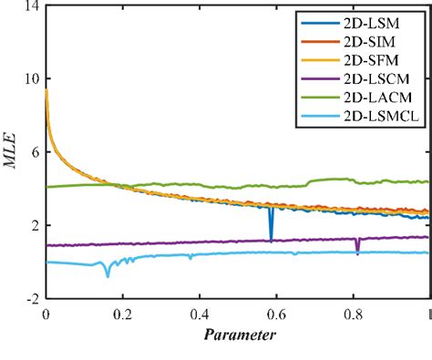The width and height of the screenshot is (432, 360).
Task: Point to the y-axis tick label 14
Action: pyautogui.click(x=31, y=6)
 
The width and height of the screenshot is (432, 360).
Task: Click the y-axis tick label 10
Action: pyautogui.click(x=31, y=79)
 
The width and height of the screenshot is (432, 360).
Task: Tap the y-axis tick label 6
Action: pyautogui.click(x=34, y=152)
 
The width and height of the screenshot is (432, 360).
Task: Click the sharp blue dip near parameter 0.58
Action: pyautogui.click(x=271, y=238)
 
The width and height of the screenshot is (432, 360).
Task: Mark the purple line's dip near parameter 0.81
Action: pyautogui.click(x=357, y=251)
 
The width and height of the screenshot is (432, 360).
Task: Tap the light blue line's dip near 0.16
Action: pyautogui.click(x=108, y=274)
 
